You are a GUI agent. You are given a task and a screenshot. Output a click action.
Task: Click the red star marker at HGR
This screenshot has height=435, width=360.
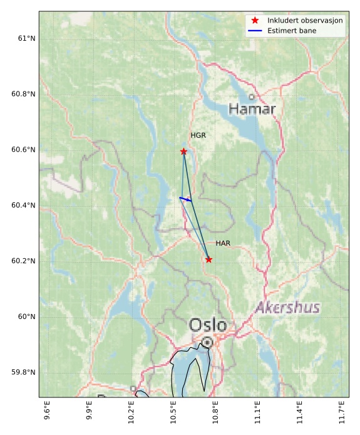point(183,152)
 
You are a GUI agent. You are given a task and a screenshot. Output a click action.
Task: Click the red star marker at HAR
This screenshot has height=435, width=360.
point(208,259)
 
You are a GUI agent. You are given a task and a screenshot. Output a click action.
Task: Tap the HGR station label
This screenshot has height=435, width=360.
point(198,135)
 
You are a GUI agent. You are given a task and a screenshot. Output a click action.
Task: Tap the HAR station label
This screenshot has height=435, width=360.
point(223,243)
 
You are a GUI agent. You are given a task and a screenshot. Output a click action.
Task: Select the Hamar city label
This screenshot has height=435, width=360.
point(252,109)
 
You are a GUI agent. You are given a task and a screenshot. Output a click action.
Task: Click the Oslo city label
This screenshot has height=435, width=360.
point(207,325)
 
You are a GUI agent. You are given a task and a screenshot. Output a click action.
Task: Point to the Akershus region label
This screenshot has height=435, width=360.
point(287,308)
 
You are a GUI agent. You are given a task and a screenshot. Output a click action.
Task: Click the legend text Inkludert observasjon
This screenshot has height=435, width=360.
point(305,21)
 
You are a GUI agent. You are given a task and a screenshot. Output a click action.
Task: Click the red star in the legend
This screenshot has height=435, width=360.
point(255,21)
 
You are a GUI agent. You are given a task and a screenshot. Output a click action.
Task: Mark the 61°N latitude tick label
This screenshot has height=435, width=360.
point(23,39)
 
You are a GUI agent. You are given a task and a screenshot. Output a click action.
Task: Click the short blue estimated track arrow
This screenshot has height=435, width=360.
point(185,199)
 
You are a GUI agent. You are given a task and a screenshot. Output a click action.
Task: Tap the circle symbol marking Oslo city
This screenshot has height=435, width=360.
point(207,342)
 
